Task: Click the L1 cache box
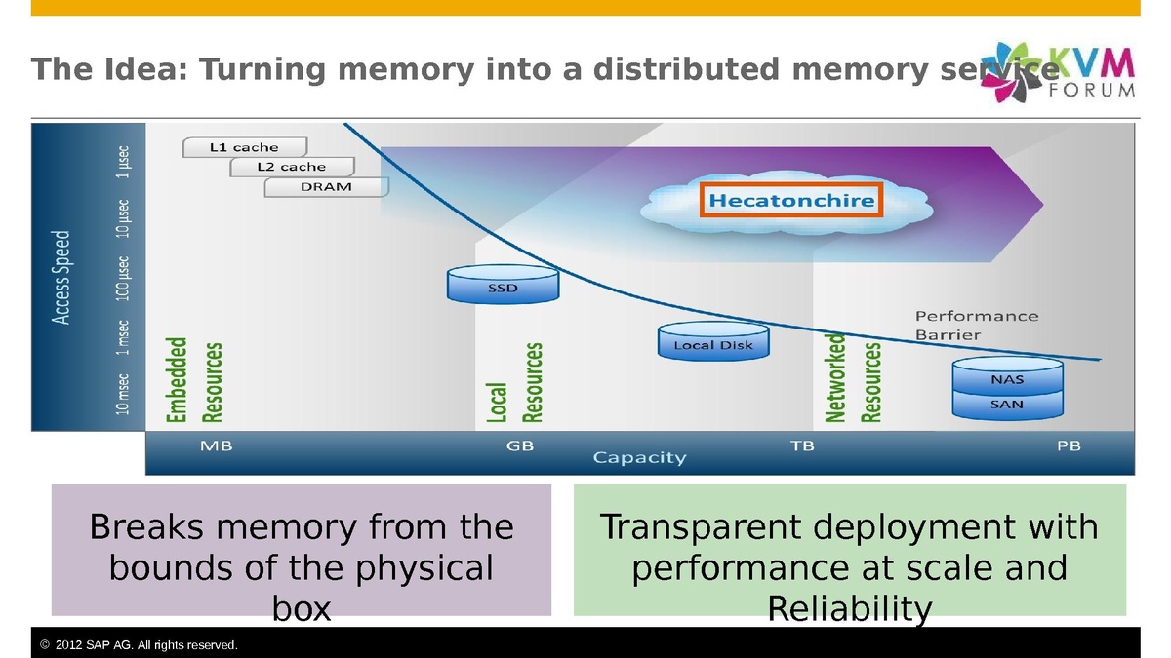pyautogui.click(x=244, y=147)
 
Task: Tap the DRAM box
pyautogui.click(x=326, y=186)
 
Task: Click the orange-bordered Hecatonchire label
pyautogui.click(x=791, y=201)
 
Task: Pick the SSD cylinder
pyautogui.click(x=503, y=285)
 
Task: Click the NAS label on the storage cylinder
pyautogui.click(x=1007, y=379)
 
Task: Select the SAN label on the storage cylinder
pyautogui.click(x=1007, y=403)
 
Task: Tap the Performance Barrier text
pyautogui.click(x=976, y=326)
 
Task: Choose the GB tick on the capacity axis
pyautogui.click(x=520, y=446)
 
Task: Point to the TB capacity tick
pyautogui.click(x=801, y=446)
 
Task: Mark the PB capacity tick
pyautogui.click(x=1069, y=446)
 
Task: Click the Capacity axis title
pyautogui.click(x=640, y=457)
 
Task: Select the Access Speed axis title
pyautogui.click(x=61, y=277)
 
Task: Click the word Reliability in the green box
pyautogui.click(x=849, y=608)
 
